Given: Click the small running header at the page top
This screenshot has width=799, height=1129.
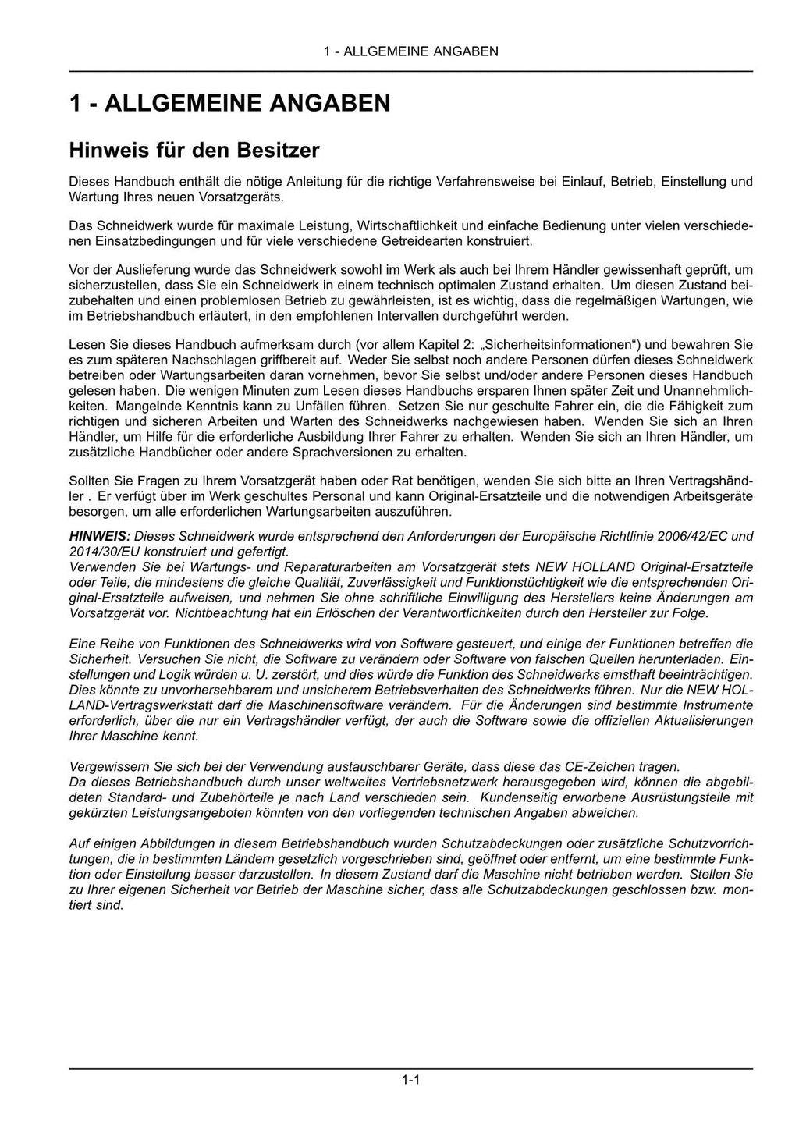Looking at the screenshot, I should [410, 51].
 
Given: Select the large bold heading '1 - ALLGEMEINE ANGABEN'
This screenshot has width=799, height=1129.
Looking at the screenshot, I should [229, 103].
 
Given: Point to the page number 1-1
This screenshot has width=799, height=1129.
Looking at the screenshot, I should [411, 1081].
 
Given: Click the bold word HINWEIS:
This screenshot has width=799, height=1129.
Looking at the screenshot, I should [99, 537].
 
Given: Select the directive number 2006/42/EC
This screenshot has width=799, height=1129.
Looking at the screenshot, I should [691, 537].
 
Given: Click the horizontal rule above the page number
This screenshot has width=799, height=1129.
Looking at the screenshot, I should [410, 1068].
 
